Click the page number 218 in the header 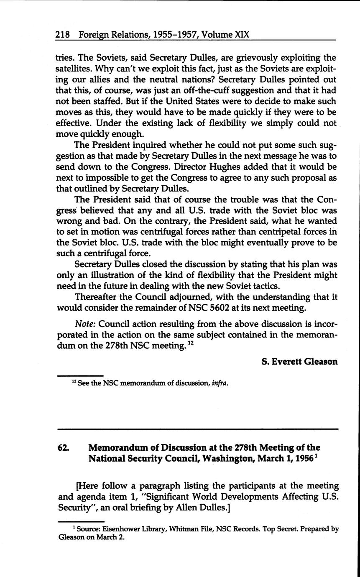point(62,34)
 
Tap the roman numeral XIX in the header point(241,34)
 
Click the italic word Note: point(85,324)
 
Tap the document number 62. point(63,447)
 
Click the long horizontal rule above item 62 point(197,429)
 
